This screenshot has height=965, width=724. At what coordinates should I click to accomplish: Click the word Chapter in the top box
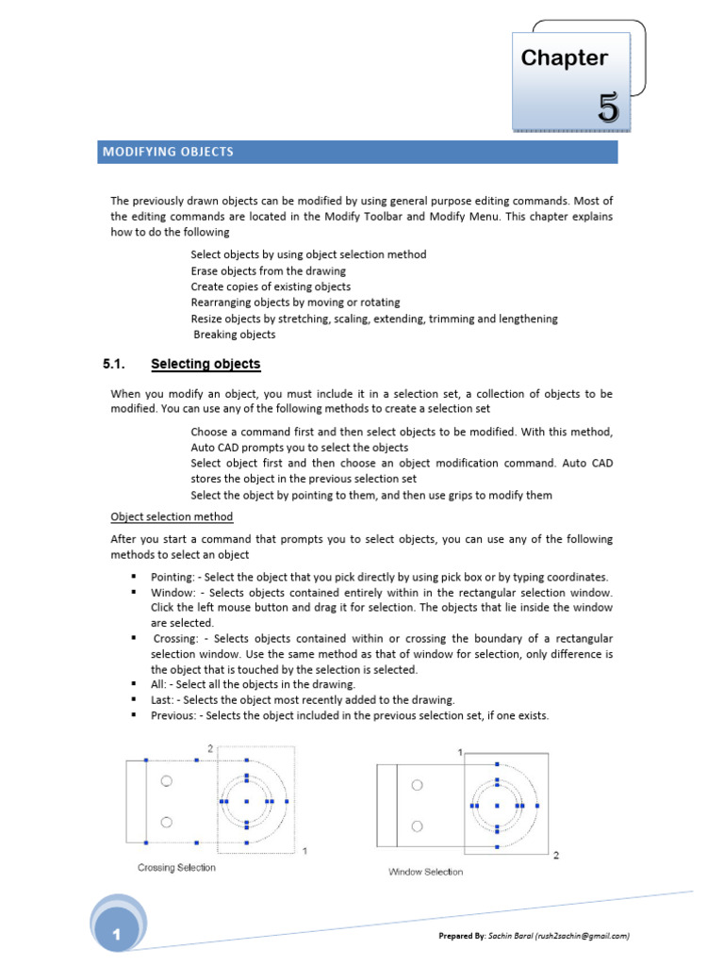[x=564, y=58]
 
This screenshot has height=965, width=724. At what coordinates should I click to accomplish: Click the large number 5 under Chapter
[x=608, y=109]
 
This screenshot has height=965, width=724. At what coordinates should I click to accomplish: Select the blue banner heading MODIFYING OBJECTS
[x=167, y=152]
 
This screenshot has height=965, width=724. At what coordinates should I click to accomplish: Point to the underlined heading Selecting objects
[x=206, y=364]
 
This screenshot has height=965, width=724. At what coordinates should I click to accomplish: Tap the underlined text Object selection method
[x=172, y=516]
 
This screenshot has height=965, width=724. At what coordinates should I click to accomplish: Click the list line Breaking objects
[x=235, y=335]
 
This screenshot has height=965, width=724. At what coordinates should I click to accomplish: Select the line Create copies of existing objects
[x=271, y=286]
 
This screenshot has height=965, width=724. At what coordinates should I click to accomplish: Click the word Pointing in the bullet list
[x=172, y=577]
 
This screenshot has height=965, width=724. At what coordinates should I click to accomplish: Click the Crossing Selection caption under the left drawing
[x=176, y=867]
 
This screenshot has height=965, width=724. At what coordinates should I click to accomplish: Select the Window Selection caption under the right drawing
[x=425, y=872]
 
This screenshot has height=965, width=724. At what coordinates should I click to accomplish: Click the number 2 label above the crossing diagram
[x=210, y=748]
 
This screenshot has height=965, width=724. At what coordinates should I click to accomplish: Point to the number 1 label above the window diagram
[x=460, y=752]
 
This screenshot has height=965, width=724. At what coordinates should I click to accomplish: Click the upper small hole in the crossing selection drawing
[x=166, y=781]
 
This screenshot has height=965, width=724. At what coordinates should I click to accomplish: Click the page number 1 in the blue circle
[x=116, y=935]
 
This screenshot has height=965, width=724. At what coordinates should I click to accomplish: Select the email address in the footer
[x=581, y=936]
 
